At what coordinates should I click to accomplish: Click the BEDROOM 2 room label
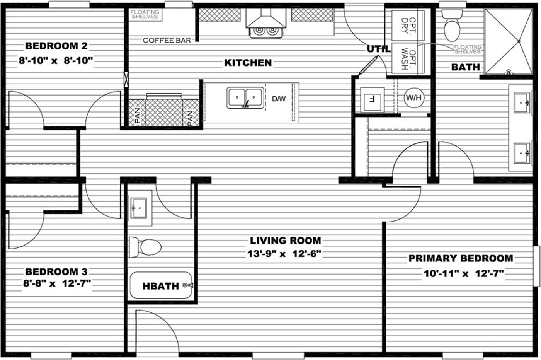(56, 46)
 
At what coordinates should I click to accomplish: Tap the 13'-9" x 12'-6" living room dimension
(284, 254)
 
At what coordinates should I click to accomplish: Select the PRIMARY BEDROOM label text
(461, 258)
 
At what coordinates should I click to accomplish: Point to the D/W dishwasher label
(279, 99)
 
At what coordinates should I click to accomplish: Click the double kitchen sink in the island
(245, 97)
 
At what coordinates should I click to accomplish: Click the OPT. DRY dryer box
(408, 25)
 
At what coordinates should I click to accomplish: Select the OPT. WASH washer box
(408, 58)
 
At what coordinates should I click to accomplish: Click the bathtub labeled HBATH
(161, 286)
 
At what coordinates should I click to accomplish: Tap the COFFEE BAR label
(167, 40)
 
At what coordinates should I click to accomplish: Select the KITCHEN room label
(248, 63)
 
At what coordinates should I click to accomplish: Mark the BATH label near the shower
(465, 67)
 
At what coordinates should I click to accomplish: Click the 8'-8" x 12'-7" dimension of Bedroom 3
(57, 283)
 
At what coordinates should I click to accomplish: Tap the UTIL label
(378, 49)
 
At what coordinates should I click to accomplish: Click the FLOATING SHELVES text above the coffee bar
(145, 15)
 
